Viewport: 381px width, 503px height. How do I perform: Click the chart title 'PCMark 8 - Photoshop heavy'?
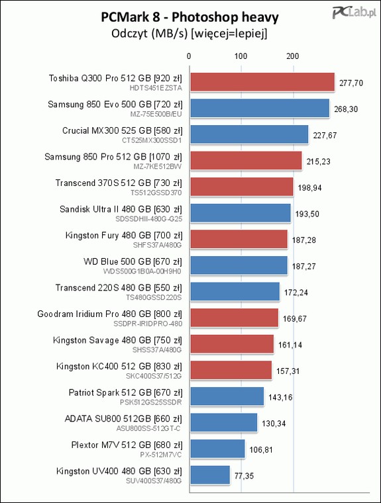coord(190,17)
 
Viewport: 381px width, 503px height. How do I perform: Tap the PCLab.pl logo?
coord(353,12)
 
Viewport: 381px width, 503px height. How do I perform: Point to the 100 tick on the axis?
coord(241,56)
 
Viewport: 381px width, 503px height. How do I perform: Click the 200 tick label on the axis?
coord(292,56)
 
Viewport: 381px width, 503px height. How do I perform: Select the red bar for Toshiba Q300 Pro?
coord(262,82)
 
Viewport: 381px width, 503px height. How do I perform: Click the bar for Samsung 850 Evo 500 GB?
coord(260,108)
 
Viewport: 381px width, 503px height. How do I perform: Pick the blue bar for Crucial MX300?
coord(249,134)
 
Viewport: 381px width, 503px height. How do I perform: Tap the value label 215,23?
coord(318,161)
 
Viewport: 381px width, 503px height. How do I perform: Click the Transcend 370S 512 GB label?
coord(119,183)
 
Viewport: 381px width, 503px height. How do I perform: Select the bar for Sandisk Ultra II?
coord(241,213)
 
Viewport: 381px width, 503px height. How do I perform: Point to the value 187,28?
coord(304,240)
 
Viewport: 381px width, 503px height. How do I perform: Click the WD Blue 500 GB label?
coord(133,261)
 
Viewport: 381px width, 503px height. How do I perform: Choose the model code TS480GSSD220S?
coord(154,297)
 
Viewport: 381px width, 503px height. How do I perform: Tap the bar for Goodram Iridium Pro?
coord(234,318)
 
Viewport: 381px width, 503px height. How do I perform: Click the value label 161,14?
coord(290,345)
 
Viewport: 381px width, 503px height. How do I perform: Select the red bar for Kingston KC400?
coord(231,370)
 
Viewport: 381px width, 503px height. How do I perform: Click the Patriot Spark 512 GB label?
coord(125,392)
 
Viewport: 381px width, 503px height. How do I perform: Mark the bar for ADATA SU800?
coord(224,422)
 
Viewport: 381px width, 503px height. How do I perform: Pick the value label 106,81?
coord(261,450)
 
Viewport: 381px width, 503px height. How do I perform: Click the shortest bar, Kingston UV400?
coord(210,475)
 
